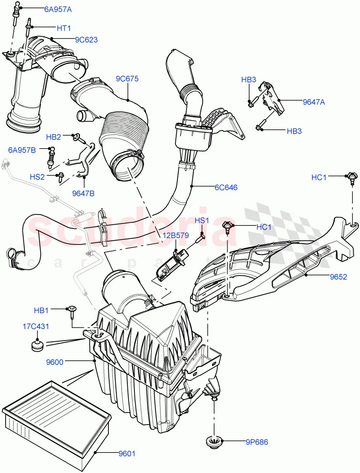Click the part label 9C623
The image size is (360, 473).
[86, 39]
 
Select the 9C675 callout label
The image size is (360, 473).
[127, 79]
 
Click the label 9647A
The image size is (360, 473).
[314, 102]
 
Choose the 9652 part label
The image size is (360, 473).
[338, 277]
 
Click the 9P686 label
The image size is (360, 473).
[256, 442]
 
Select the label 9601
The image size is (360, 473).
[127, 453]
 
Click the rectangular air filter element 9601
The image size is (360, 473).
[55, 418]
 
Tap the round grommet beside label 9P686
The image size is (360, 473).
[215, 442]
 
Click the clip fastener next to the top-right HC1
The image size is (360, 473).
[351, 178]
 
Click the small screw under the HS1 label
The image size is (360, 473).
[202, 236]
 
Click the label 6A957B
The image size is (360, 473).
[22, 150]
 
